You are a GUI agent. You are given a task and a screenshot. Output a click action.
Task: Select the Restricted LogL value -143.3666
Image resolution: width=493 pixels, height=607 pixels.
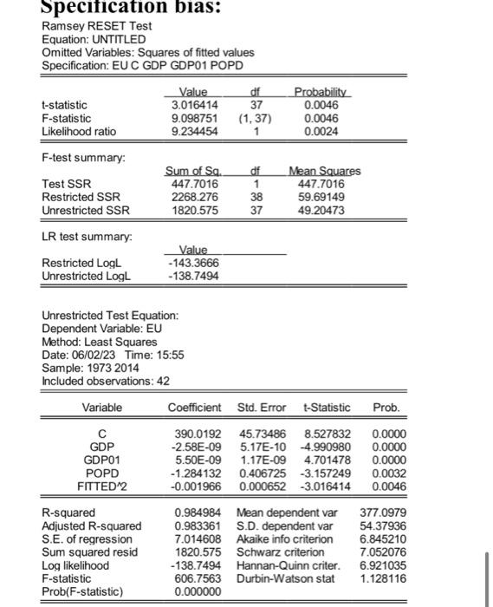[192, 263]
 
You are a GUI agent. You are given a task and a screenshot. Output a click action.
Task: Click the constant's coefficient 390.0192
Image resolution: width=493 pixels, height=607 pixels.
[198, 432]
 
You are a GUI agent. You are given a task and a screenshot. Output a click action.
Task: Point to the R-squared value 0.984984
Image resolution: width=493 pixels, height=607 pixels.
[198, 512]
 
